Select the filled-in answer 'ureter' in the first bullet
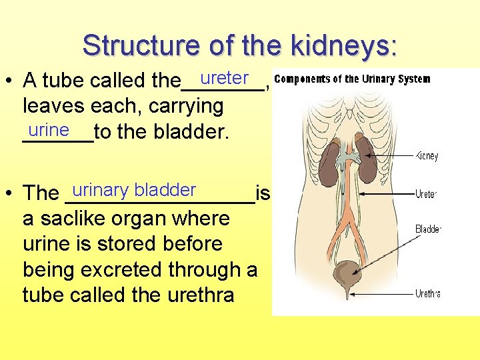[224, 78]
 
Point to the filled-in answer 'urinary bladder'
[134, 190]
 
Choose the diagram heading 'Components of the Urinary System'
[352, 79]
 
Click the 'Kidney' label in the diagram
[427, 156]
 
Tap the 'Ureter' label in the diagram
[426, 194]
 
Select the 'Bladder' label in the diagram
[428, 229]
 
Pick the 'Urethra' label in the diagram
[427, 293]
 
